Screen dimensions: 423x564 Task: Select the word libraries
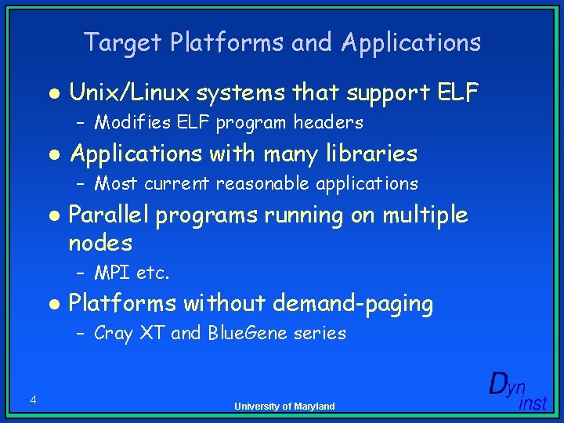coord(367,154)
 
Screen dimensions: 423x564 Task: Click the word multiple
coord(425,215)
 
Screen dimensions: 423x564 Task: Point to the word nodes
coord(100,243)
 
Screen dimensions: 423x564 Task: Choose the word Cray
coord(113,334)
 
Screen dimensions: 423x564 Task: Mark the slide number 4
coord(33,400)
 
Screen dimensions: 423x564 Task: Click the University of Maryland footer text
coord(284,406)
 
